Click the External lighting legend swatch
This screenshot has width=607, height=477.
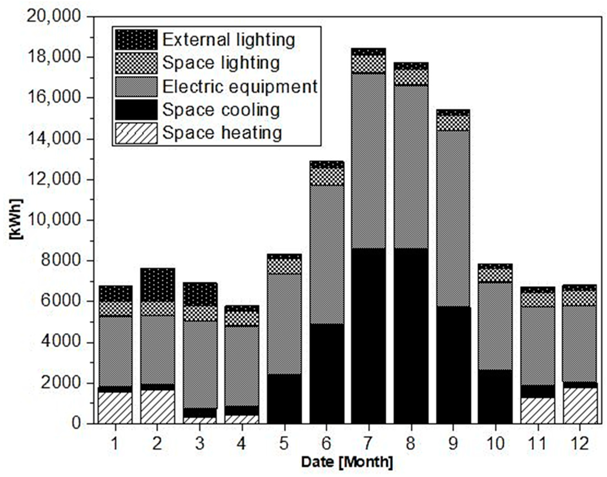(136, 40)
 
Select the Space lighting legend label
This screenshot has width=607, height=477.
(221, 63)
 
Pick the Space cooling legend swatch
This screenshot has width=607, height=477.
(136, 110)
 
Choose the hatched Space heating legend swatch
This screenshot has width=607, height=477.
(136, 133)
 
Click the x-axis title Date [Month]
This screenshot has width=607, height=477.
(347, 462)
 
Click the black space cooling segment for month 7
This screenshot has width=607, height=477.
(368, 335)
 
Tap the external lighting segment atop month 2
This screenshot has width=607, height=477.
(158, 285)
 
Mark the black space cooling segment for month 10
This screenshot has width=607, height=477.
(495, 397)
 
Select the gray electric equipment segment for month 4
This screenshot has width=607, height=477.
(242, 366)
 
